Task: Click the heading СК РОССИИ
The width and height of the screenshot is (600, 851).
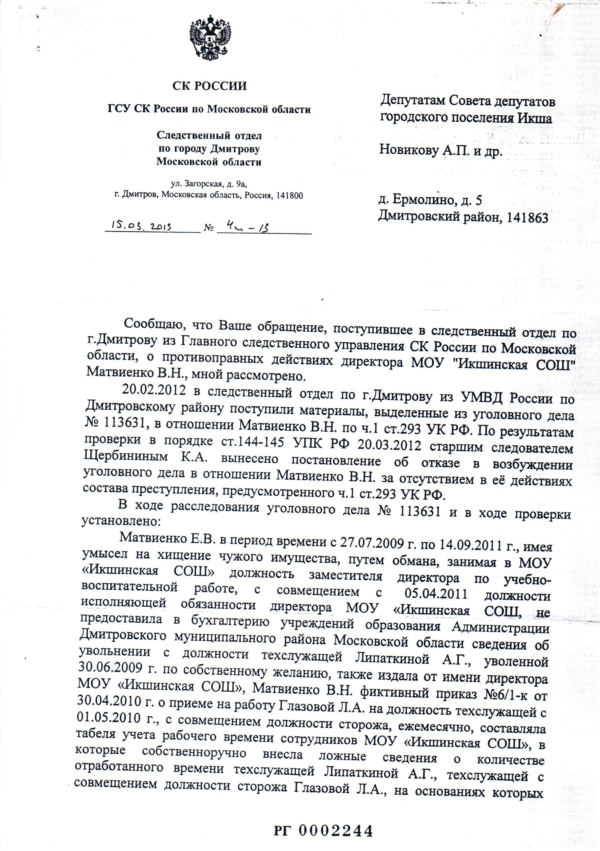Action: pyautogui.click(x=209, y=86)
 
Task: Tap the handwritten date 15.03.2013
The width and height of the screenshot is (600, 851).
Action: pyautogui.click(x=141, y=226)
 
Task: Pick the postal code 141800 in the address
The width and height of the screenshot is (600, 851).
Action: pyautogui.click(x=289, y=196)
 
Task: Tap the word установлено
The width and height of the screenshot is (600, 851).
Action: pyautogui.click(x=120, y=521)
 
